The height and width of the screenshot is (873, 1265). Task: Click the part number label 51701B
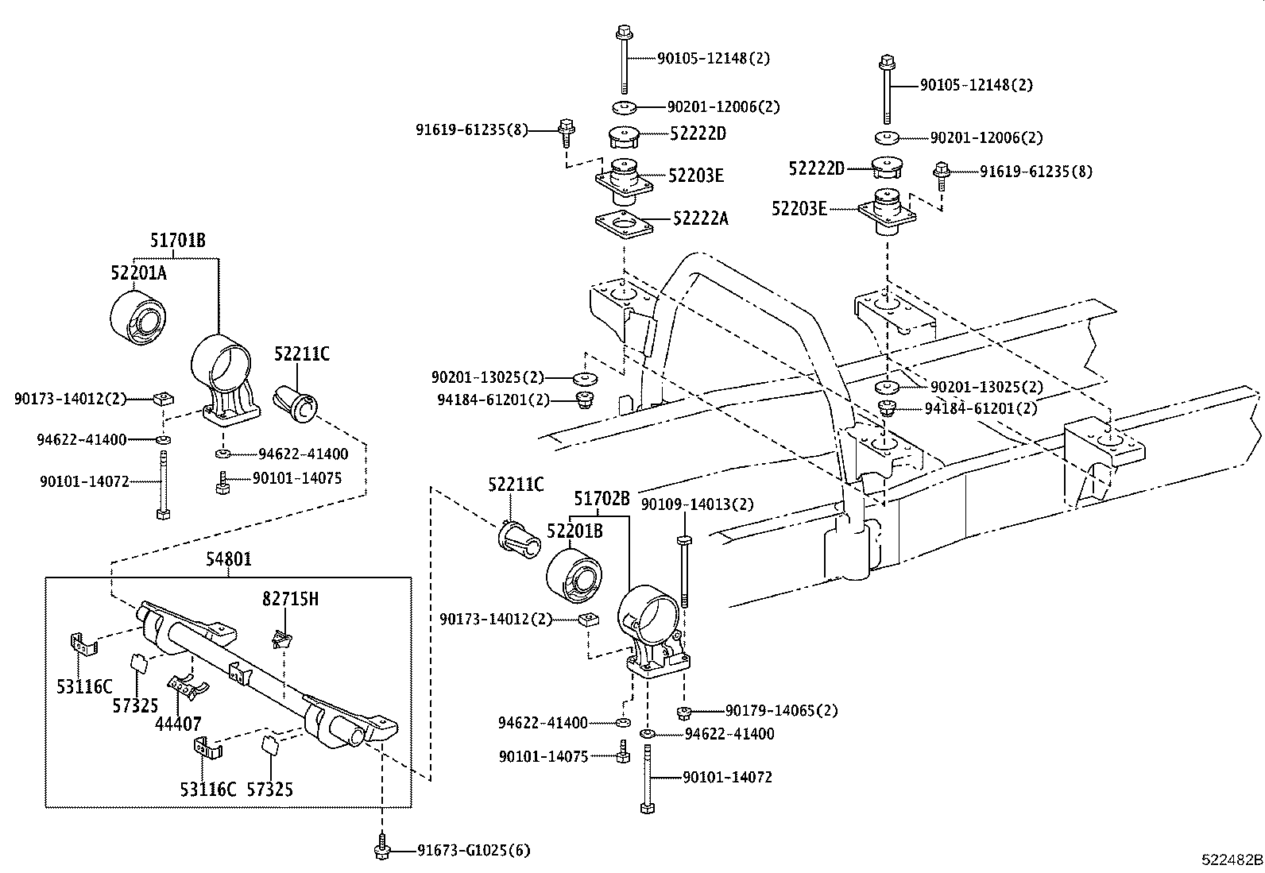pos(178,239)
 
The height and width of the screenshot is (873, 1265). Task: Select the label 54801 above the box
pos(229,559)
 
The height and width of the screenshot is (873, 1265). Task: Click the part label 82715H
pos(290,599)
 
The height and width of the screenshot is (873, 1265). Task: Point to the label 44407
pos(178,724)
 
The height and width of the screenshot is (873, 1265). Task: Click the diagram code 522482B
pos(1232,859)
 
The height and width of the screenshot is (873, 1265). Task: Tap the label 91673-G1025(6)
pos(474,851)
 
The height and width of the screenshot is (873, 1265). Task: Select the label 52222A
pos(700,218)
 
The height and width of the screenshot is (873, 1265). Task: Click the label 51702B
pos(602,499)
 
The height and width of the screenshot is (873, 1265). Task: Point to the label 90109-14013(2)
pos(697,504)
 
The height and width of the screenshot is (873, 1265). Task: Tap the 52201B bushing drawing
pos(574,579)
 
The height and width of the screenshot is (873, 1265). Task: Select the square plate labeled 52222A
pos(623,225)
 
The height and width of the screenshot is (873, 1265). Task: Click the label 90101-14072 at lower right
pos(727,777)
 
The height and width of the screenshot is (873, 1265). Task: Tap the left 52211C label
pos(302,354)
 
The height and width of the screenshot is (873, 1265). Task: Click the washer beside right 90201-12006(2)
pos(888,137)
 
